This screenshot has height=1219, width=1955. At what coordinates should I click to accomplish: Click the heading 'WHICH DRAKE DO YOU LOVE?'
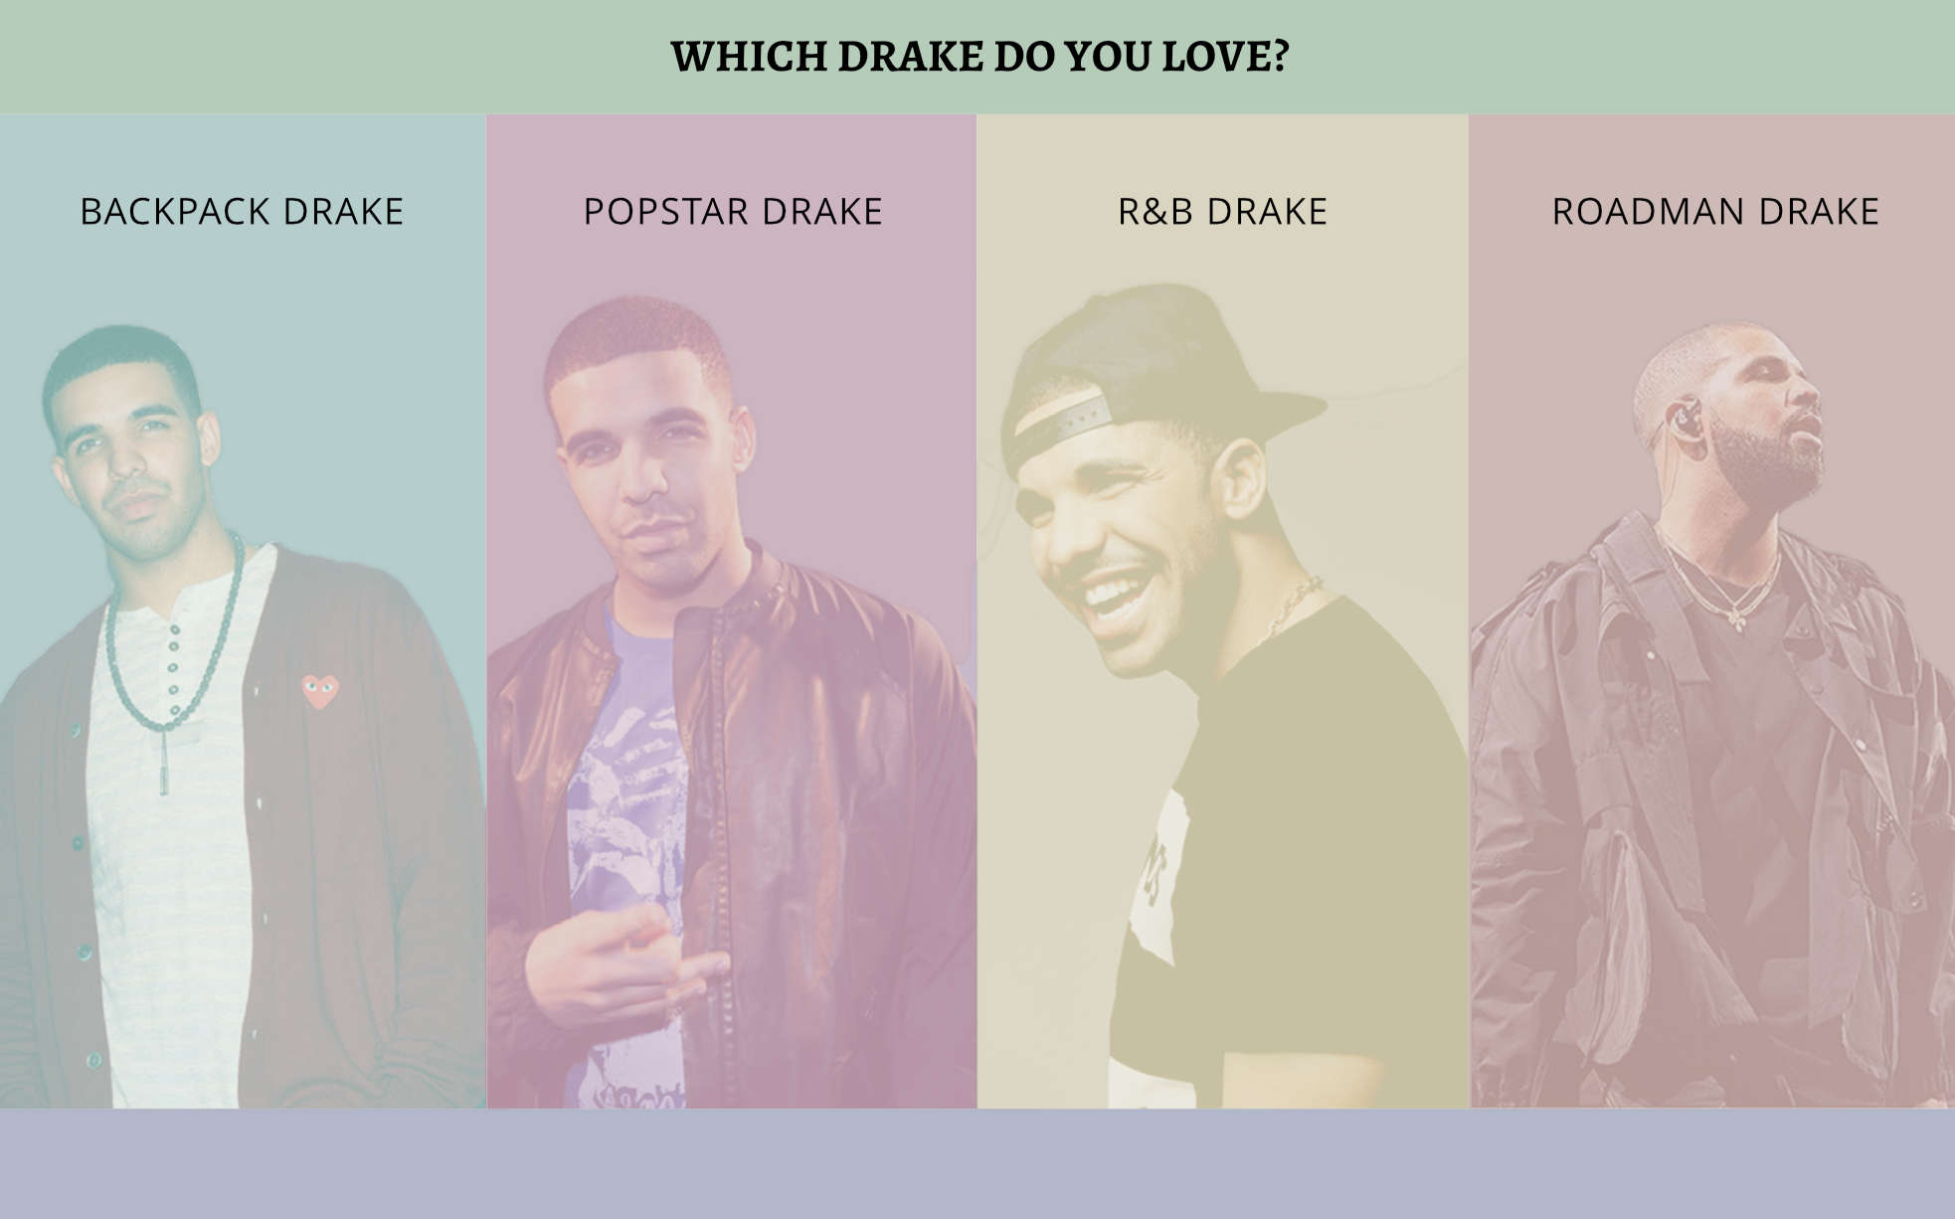(979, 57)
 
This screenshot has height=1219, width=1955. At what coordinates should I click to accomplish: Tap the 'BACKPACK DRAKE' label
(242, 212)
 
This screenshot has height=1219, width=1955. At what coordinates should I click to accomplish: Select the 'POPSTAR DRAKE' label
(733, 212)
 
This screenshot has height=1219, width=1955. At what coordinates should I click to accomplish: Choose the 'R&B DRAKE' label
(1222, 212)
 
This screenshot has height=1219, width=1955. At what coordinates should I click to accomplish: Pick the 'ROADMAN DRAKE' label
(1715, 212)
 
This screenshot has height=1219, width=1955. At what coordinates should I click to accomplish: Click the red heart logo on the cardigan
(320, 690)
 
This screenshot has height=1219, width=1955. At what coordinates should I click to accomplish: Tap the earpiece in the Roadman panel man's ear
(1684, 420)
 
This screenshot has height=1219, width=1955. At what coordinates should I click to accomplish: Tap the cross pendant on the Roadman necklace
(1736, 619)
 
